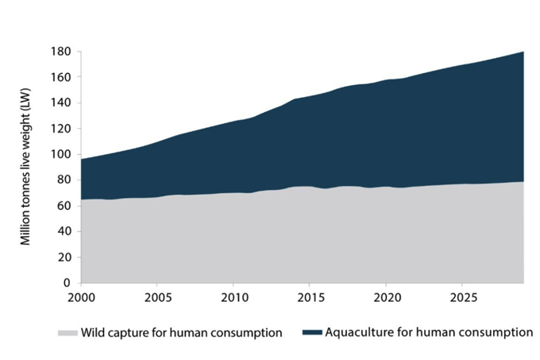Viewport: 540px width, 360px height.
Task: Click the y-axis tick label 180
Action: tap(62, 52)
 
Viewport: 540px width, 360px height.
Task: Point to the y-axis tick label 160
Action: tap(62, 77)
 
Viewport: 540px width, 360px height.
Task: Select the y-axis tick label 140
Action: tap(62, 103)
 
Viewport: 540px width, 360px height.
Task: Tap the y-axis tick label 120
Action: tap(62, 129)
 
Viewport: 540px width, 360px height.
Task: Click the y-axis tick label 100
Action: tap(62, 154)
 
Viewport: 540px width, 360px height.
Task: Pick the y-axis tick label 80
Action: tap(65, 180)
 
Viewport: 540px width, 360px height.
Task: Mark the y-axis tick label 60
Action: tap(65, 206)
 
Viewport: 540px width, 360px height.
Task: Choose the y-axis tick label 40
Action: tap(65, 231)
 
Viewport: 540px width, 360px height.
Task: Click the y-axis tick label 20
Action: tap(65, 257)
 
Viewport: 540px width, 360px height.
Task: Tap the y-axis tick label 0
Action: tap(68, 282)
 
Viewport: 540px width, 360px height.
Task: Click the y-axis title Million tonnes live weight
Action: tap(26, 167)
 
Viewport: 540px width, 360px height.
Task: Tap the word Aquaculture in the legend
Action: tap(358, 332)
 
